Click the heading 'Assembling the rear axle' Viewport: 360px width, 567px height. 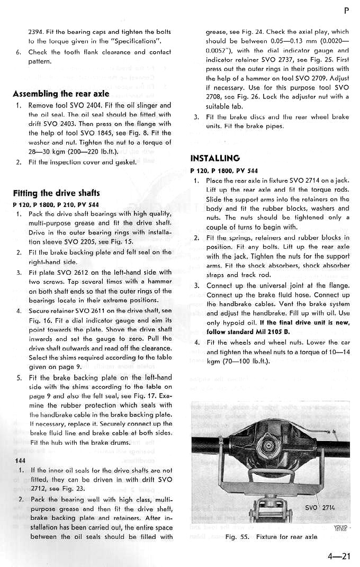(x=61, y=94)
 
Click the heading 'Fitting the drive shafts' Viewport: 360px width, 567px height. (x=56, y=193)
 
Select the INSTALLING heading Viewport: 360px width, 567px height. (x=214, y=158)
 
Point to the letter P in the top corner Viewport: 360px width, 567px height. (x=346, y=10)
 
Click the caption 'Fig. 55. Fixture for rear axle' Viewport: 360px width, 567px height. (x=271, y=536)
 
